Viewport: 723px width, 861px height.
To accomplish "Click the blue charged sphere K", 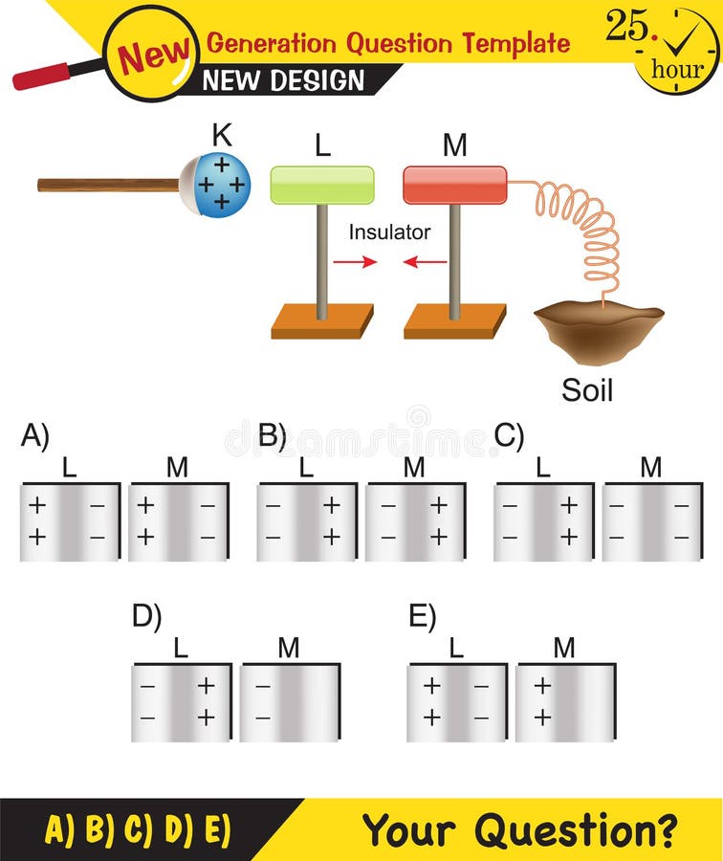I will [220, 184].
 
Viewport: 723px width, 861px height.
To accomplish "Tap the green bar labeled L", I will [321, 185].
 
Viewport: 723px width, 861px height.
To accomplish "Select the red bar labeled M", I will [454, 185].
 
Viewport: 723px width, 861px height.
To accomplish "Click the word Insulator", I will [389, 232].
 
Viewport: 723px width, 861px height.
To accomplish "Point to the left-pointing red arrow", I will [426, 261].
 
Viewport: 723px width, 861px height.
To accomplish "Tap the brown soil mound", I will [598, 330].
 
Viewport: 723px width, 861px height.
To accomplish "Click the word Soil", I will [587, 390].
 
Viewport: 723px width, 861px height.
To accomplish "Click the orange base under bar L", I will [321, 321].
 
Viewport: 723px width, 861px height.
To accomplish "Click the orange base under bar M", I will [454, 321].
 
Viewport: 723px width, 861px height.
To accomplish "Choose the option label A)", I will [34, 436].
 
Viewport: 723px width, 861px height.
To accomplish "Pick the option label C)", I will [509, 436].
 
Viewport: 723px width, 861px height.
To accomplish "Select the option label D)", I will [146, 617].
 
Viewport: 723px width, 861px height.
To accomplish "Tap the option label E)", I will [422, 617].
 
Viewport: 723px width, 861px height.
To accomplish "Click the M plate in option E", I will [564, 702].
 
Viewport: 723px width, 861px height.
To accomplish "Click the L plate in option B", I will [306, 521].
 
